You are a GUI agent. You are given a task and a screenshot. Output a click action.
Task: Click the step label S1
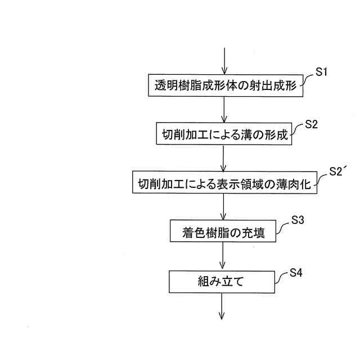(321, 73)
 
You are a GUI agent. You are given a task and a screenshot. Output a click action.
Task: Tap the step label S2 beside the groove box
(312, 125)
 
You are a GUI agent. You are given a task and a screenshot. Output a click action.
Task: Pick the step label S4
(296, 273)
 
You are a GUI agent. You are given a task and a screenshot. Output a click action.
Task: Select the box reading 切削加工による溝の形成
(224, 134)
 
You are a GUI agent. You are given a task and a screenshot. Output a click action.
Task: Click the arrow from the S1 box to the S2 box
(224, 109)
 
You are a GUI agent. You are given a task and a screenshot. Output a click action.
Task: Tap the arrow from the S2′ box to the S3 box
(224, 207)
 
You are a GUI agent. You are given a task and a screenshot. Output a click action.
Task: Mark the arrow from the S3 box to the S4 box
(224, 256)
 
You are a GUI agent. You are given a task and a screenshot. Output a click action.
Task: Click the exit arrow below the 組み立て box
(224, 306)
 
